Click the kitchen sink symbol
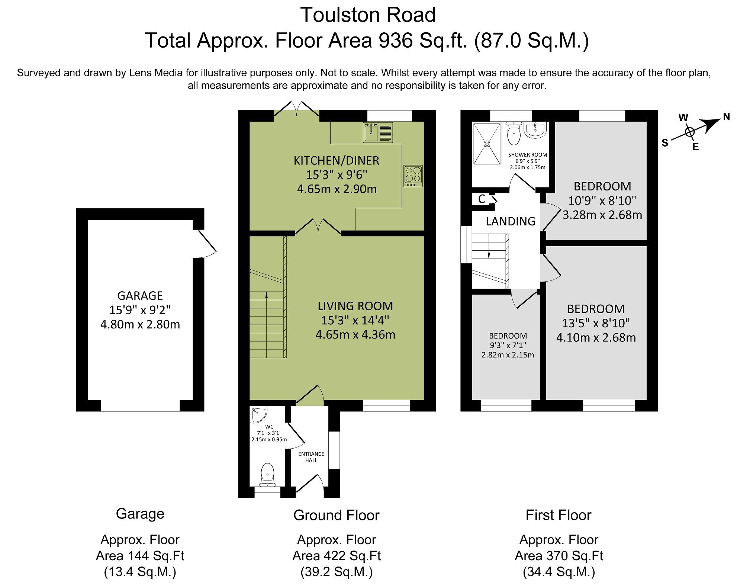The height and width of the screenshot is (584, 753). point(378,132)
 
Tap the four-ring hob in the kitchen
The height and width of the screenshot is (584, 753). point(413,176)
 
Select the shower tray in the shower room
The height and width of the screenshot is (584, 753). point(487,144)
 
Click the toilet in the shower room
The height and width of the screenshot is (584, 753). point(514,134)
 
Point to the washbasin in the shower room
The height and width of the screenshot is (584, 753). point(535,130)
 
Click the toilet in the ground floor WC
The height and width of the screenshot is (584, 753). point(267,475)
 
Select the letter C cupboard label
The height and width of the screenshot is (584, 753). point(482,199)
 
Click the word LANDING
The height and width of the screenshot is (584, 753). point(511,221)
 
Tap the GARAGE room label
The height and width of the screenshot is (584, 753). point(140,296)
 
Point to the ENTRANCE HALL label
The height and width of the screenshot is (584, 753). point(311,457)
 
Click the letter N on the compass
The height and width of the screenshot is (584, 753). point(726,117)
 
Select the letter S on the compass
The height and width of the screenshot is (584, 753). point(665,142)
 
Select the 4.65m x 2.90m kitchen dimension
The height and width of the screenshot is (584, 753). point(337,189)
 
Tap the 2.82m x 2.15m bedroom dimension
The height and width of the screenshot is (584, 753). point(508,355)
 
